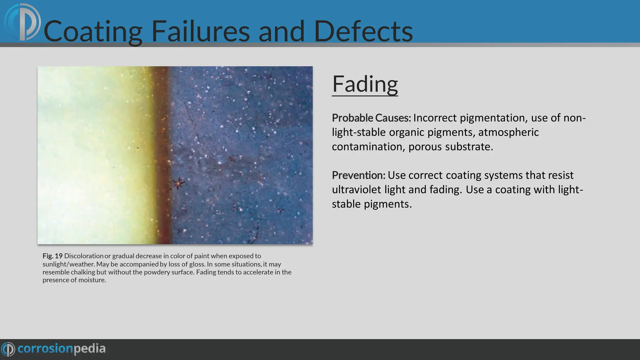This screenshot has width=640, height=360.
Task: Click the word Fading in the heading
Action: point(365,84)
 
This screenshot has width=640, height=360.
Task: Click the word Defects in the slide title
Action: point(363,31)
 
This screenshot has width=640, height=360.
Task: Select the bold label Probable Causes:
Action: point(371,118)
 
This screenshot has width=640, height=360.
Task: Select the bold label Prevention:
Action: point(358,175)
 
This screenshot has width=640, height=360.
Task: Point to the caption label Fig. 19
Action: point(52,256)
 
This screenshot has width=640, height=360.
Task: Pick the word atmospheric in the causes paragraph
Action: point(508,132)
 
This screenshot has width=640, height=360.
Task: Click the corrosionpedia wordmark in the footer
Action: point(62,349)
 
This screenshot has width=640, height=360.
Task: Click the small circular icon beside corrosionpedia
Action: point(8,349)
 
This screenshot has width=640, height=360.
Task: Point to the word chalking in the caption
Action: point(83,272)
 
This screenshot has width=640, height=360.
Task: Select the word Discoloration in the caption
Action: point(83,256)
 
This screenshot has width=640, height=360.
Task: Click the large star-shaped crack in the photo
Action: point(178,183)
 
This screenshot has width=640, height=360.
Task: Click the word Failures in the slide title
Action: point(200,31)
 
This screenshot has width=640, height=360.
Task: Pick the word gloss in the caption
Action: point(197,264)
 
